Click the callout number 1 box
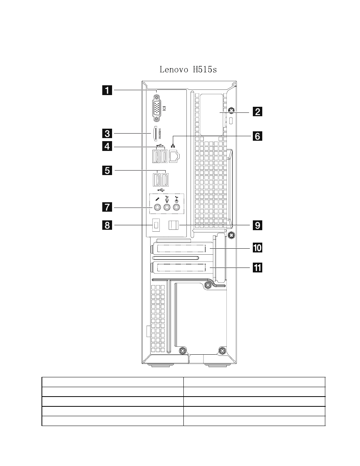(x=107, y=90)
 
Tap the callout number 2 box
(x=257, y=112)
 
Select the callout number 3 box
(x=107, y=134)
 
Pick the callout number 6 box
(x=257, y=136)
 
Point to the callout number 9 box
(x=257, y=225)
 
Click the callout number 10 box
(x=257, y=248)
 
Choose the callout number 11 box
(x=257, y=268)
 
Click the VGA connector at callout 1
(x=157, y=109)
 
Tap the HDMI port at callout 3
(x=155, y=134)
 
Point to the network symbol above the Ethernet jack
(x=173, y=146)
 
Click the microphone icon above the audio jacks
(x=157, y=199)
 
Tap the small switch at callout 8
(x=156, y=225)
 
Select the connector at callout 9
(x=174, y=225)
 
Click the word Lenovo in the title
(x=174, y=70)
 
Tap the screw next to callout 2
(x=231, y=110)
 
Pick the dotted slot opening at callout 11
(x=182, y=268)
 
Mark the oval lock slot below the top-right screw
(x=231, y=121)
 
